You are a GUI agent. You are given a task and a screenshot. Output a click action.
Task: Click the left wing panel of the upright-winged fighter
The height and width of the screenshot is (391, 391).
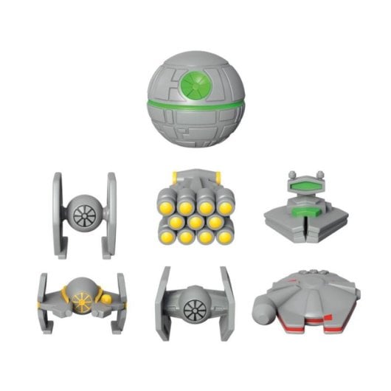60,214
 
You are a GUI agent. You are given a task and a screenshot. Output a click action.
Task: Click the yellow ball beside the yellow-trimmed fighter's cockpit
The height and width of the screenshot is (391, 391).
107,300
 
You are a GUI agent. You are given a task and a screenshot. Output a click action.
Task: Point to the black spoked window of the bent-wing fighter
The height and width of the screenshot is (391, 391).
194,308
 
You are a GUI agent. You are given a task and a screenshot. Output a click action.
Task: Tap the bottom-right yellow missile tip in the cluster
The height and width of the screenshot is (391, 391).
222,236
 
